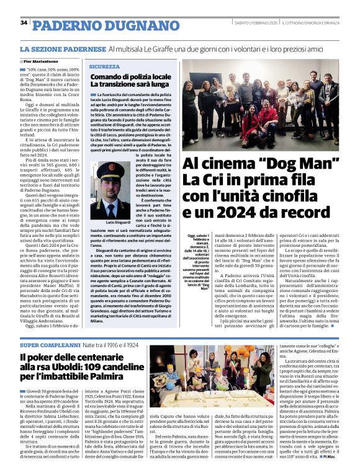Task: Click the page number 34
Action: click(24, 22)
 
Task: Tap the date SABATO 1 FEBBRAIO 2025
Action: click(250, 23)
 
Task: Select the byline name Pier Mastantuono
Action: click(41, 62)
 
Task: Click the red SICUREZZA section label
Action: click(104, 66)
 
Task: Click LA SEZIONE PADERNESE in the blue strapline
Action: click(62, 48)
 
